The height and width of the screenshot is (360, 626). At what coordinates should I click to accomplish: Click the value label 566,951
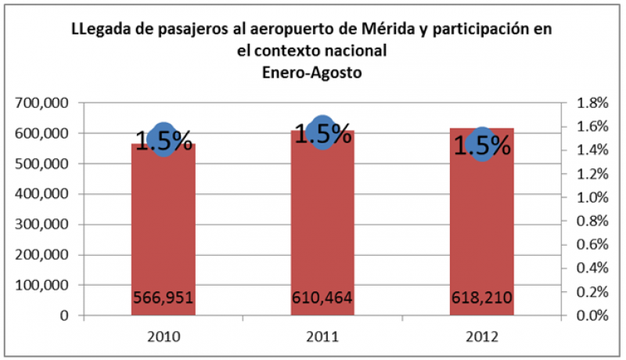coord(163,298)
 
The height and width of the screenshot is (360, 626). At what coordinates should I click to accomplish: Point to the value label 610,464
coord(322,298)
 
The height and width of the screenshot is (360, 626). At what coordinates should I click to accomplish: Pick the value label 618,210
coord(482,298)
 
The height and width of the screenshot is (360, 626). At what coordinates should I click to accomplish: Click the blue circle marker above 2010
coord(163,139)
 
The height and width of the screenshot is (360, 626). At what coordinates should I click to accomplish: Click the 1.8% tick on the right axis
coord(592,103)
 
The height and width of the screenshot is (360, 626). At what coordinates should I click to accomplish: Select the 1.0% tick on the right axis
coord(592,197)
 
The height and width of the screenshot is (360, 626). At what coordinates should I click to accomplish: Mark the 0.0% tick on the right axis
coord(592,315)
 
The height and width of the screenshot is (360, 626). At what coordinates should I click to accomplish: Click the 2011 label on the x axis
coord(322,336)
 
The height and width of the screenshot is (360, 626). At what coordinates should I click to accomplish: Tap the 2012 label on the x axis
coord(482,336)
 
